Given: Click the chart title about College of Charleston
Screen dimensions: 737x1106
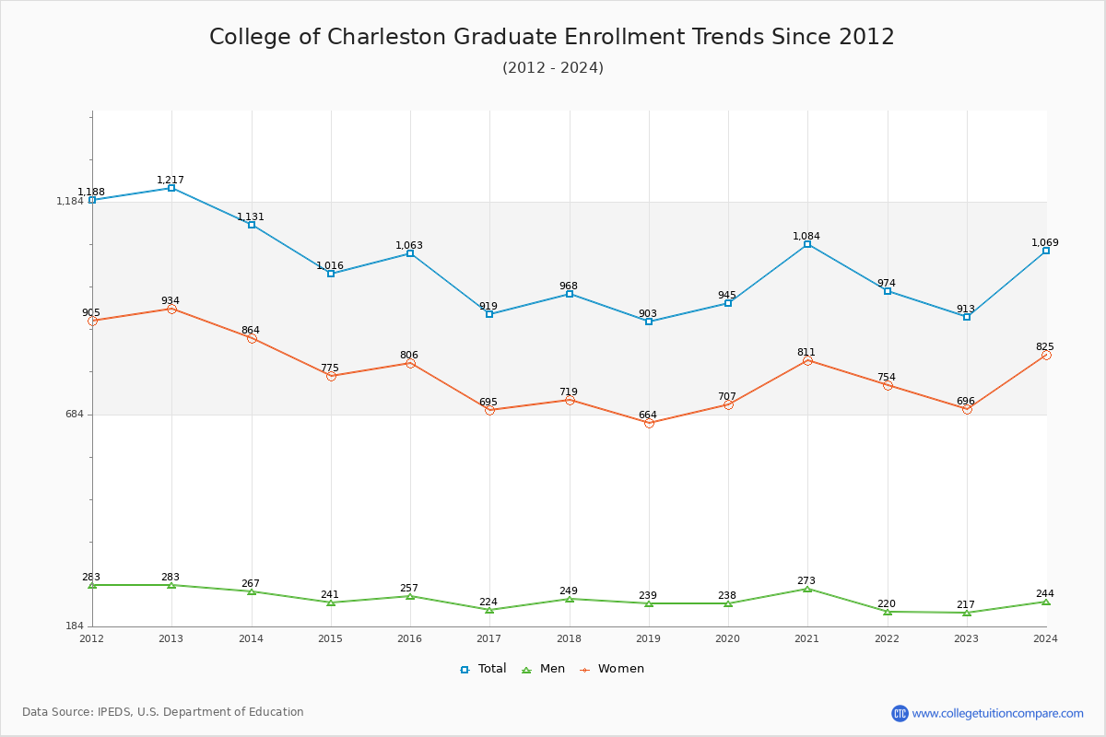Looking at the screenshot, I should pos(552,37).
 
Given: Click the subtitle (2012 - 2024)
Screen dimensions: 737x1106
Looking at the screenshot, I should pos(552,68).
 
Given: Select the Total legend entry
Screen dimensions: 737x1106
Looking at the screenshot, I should pos(484,669).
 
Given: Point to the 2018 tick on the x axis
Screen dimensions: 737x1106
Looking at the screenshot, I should pos(569,638).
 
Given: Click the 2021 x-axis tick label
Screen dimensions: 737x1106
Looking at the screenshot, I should pos(807,638).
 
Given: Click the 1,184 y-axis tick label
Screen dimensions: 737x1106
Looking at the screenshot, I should pos(70,202).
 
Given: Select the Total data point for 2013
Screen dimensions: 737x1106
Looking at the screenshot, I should pos(171,188).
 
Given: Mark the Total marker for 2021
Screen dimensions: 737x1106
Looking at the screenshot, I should pos(807,244).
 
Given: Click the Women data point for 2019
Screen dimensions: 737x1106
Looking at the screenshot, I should pos(649,423).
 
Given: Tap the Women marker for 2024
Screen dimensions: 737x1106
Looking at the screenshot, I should pos(1046,355).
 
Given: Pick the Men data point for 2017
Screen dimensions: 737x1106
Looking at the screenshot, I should pos(489,610).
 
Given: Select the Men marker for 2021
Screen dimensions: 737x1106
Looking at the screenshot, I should pos(807,589).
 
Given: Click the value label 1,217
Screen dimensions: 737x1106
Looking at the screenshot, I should pos(171,180).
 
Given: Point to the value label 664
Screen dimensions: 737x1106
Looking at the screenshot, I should pos(648,415).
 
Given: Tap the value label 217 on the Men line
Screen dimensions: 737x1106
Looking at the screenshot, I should pos(965,604).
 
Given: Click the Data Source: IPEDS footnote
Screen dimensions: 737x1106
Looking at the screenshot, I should pos(163,712).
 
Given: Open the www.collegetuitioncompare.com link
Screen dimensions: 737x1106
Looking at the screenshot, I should pos(997,713).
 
